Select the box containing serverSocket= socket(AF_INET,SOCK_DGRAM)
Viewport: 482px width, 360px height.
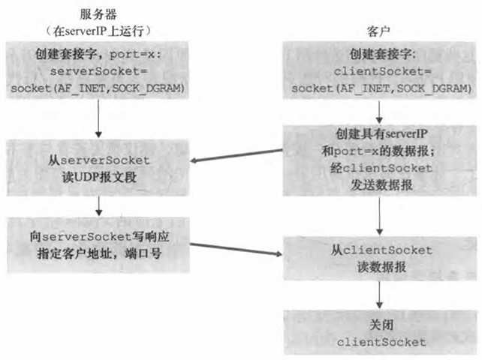(99, 71)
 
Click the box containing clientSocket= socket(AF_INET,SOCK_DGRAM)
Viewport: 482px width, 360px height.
(380, 71)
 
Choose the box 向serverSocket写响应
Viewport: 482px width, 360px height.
(99, 246)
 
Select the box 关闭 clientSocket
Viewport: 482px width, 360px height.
(380, 335)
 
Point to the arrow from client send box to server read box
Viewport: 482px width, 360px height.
(236, 156)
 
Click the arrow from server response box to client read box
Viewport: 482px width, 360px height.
(236, 250)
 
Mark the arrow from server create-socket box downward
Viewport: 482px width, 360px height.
(99, 118)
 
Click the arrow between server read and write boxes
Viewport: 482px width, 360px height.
(99, 205)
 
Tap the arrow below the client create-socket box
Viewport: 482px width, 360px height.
(380, 110)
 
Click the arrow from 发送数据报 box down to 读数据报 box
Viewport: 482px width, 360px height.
(380, 218)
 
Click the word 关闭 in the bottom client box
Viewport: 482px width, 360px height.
(380, 328)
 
